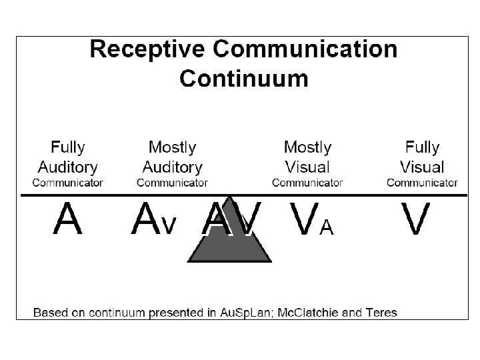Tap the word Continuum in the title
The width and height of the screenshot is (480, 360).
(244, 79)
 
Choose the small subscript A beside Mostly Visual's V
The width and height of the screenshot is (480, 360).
(326, 227)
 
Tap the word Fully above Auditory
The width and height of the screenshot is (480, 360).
(68, 147)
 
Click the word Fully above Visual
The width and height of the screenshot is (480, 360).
(422, 147)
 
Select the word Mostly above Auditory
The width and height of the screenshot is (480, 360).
(172, 147)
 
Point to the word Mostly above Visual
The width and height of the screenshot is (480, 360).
(307, 147)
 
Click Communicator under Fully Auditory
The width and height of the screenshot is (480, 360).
(68, 182)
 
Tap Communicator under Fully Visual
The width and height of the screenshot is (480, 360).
(422, 182)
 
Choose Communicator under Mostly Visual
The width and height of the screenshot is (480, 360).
(307, 182)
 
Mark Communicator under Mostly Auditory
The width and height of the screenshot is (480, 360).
(172, 182)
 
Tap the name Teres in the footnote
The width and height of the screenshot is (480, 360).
(382, 312)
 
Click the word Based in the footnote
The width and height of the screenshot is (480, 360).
(49, 312)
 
